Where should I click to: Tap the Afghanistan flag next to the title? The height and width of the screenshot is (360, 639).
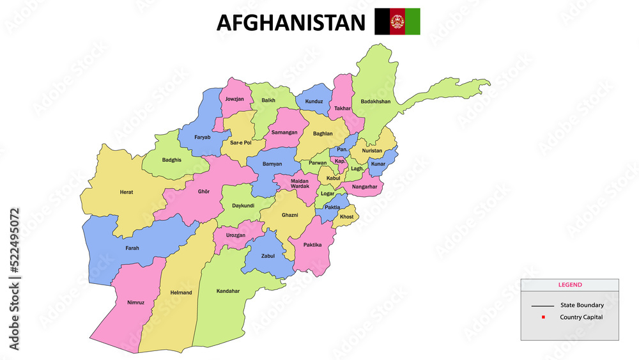point(397,21)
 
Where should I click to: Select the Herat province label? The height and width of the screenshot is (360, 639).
point(127,192)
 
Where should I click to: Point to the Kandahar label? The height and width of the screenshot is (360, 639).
point(228,291)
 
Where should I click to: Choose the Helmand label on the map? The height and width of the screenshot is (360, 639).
point(181,292)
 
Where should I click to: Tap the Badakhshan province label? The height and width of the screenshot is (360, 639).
point(375,101)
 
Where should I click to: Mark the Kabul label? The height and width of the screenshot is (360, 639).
point(333,178)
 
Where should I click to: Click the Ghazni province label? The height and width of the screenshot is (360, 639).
point(289,215)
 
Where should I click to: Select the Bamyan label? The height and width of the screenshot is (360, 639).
point(272,164)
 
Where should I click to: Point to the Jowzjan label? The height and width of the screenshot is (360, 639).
point(235,99)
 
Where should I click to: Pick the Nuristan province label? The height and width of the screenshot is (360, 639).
point(372,151)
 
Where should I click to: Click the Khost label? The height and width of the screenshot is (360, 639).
point(346,217)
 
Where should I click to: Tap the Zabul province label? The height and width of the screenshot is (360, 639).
point(267,256)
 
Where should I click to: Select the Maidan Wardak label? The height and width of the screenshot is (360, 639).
point(300,184)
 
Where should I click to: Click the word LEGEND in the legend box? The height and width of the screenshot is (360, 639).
point(570,285)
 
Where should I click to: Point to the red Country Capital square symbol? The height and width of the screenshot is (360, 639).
point(543,317)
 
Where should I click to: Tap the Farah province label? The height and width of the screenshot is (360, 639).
point(132,248)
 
